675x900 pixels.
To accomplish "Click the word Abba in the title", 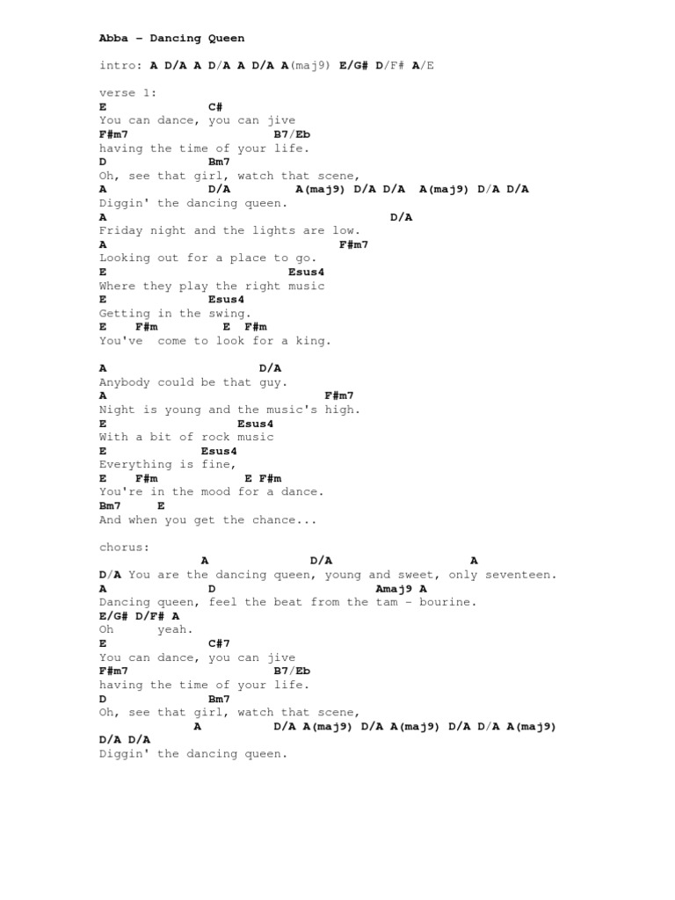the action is [113, 39].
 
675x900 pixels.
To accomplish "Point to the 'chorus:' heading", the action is [124, 547].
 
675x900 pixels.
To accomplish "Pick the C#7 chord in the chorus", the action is [219, 643].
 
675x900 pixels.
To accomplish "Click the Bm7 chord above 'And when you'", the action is [110, 506].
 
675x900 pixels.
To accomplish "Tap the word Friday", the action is [120, 231].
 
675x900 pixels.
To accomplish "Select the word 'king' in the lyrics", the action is [314, 341].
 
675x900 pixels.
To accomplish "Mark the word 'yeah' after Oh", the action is [175, 629].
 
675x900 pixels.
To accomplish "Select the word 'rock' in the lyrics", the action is [194, 438].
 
